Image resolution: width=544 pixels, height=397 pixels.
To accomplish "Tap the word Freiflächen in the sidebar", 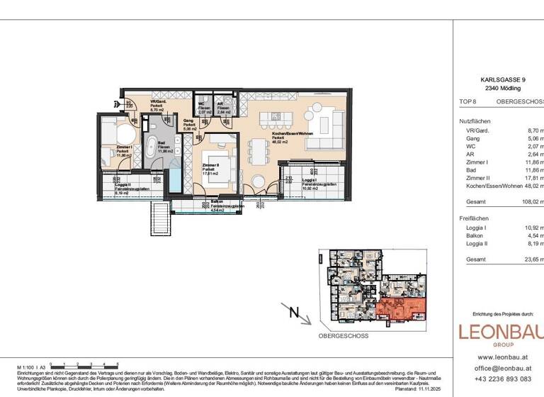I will pyautogui.click(x=475, y=218).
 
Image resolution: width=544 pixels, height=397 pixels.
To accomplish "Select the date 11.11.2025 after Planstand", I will pyautogui.click(x=433, y=389).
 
